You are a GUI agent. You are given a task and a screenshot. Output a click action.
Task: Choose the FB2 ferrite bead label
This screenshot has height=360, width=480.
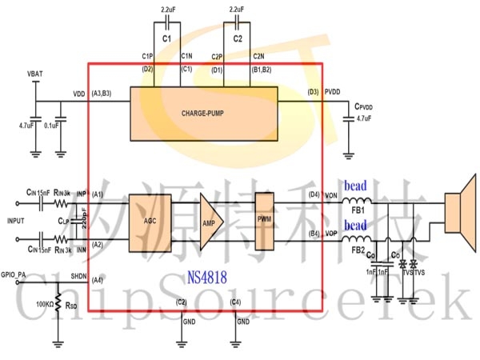click(358, 250)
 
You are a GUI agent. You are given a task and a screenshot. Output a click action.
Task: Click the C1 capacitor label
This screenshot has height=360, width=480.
click(166, 38)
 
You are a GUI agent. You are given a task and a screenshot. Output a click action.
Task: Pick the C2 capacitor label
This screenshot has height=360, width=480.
click(238, 38)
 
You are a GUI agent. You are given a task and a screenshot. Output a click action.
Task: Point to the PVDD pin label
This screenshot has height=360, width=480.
click(333, 94)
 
